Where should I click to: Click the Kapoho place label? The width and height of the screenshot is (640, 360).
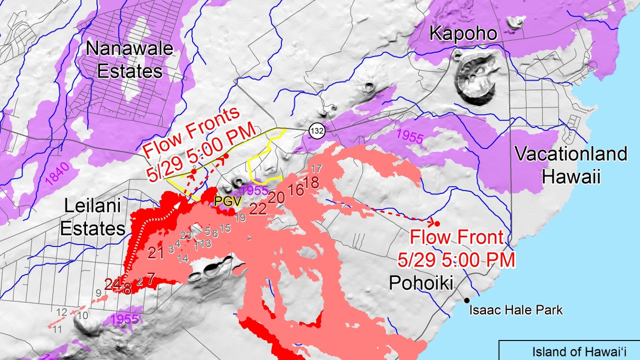pos(463,33)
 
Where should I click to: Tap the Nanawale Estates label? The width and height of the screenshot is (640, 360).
pos(129,59)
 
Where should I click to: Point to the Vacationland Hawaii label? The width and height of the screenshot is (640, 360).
pos(571,164)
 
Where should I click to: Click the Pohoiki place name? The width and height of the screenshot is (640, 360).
pos(421,283)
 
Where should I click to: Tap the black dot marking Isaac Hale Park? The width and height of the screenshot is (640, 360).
pos(466,300)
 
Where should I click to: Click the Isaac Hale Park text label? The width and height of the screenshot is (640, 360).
pos(516,310)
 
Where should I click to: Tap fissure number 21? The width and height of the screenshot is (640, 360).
pos(156,253)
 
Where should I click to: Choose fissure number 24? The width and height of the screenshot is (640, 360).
pos(112,284)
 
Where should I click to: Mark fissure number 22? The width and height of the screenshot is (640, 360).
pos(257,209)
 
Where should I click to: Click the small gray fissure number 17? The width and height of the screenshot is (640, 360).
pos(316,168)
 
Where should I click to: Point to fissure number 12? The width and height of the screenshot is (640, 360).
pos(61,312)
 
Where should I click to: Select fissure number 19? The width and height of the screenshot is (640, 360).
pos(240,217)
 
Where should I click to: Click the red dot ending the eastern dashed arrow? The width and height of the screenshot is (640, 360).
pos(436,223)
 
